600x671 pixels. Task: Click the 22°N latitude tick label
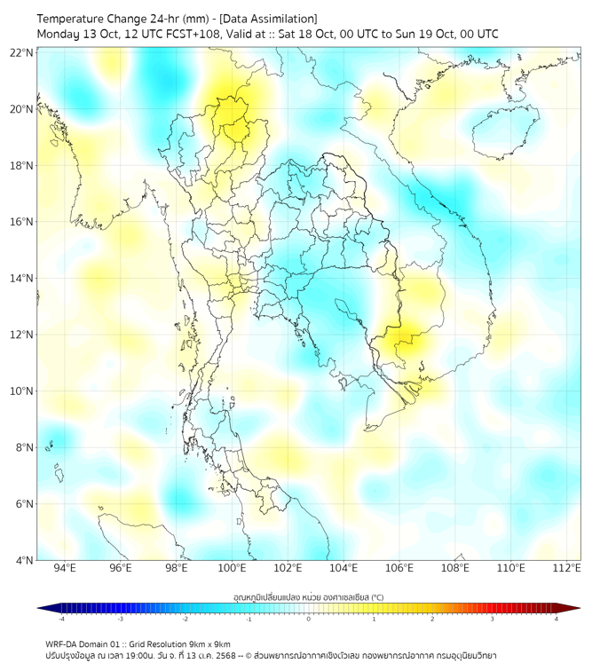tap(22, 53)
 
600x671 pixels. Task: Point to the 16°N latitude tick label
tap(22, 222)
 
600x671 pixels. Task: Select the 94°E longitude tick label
tap(65, 568)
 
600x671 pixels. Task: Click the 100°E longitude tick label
tap(233, 568)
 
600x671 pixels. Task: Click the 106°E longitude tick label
tap(400, 568)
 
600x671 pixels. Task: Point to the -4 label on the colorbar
tap(61, 620)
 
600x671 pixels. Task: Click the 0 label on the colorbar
tap(309, 620)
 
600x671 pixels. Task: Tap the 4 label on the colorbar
tap(557, 620)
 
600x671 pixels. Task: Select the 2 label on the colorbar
tap(432, 620)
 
